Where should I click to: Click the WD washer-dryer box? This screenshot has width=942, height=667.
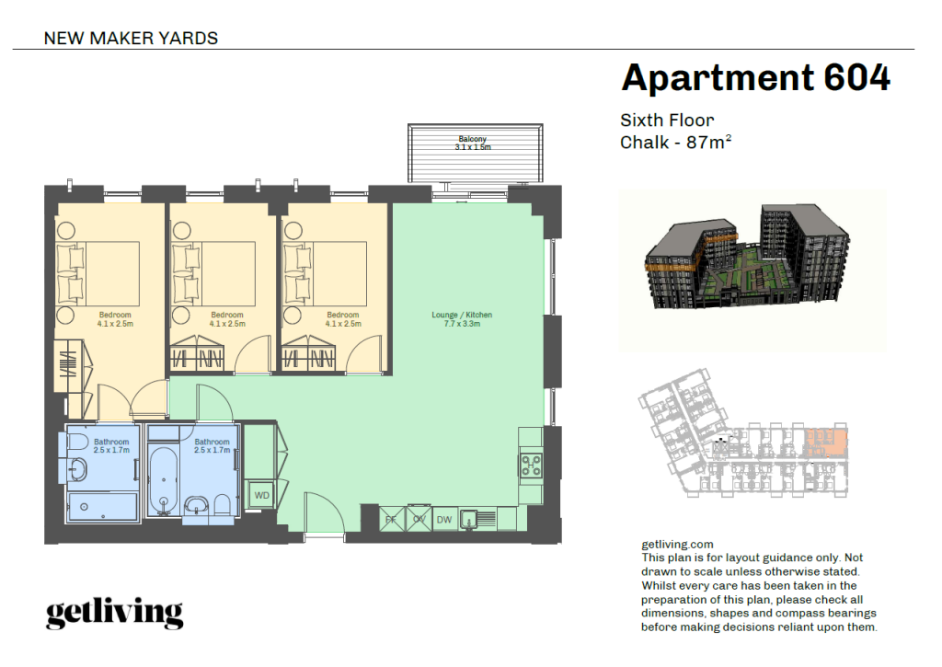tap(262, 496)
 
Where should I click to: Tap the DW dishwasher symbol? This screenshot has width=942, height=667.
tap(444, 520)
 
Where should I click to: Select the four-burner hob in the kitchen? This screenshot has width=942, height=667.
tap(532, 465)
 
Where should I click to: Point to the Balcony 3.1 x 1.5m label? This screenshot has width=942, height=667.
tap(473, 144)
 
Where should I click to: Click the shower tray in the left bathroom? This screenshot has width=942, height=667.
tap(102, 505)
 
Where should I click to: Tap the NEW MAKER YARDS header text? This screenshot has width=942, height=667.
tap(131, 39)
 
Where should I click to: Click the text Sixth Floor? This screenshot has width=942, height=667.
tap(667, 121)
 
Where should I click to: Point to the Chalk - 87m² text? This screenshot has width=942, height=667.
tap(675, 143)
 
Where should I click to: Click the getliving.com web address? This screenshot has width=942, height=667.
tap(677, 545)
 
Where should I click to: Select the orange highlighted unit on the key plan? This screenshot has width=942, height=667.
tap(826, 442)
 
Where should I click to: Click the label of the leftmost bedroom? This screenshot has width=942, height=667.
tap(117, 319)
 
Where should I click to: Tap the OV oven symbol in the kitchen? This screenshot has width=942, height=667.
tap(419, 520)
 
